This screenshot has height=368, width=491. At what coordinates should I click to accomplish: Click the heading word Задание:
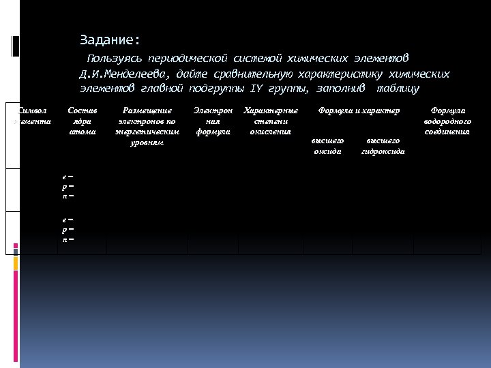click(x=109, y=40)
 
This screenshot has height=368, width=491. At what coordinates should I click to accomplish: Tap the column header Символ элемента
click(x=31, y=115)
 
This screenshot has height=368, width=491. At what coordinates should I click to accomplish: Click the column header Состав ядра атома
click(x=83, y=120)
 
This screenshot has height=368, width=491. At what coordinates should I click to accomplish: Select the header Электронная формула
click(x=212, y=120)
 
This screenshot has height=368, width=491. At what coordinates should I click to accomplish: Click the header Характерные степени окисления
click(x=270, y=120)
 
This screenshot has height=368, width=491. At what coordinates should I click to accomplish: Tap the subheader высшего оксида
click(x=327, y=145)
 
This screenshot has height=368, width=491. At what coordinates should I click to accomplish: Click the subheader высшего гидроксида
click(x=383, y=145)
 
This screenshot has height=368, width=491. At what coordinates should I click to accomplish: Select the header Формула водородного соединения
click(x=447, y=120)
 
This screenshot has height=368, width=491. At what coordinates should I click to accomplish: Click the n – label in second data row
click(x=67, y=239)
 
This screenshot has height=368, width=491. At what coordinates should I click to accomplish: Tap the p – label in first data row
click(x=67, y=185)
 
